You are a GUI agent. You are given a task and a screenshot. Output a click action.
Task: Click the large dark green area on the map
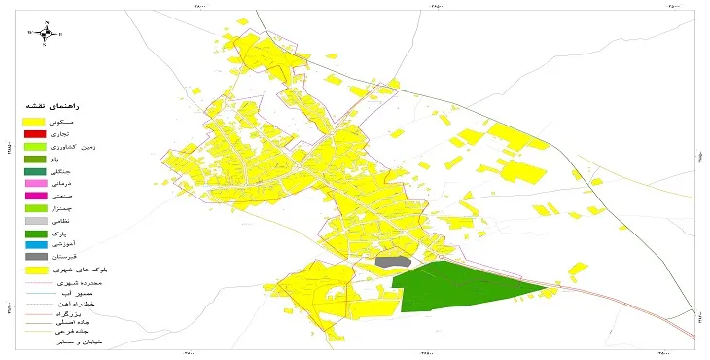457,287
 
